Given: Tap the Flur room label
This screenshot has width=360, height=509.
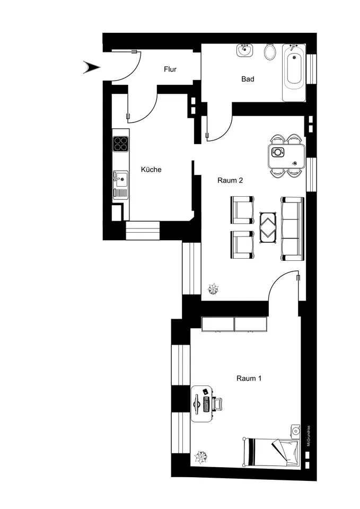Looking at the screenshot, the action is (x=170, y=69).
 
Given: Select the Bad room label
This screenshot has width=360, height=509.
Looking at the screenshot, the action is (x=248, y=79).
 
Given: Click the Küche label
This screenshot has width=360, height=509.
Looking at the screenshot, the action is (x=151, y=170).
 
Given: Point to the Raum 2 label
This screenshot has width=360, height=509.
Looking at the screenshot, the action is (x=230, y=180).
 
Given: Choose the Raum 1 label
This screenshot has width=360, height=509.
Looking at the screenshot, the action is (x=249, y=378).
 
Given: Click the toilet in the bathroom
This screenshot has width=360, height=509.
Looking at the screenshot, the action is (x=270, y=51).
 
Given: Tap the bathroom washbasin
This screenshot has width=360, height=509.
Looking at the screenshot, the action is (x=244, y=51).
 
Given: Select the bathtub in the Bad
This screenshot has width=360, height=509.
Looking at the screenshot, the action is (x=294, y=73).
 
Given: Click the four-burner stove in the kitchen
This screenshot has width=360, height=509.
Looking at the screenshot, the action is (x=121, y=144).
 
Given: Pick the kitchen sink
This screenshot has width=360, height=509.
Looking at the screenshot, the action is (x=120, y=179).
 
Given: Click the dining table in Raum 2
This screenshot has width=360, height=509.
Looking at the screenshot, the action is (x=287, y=156).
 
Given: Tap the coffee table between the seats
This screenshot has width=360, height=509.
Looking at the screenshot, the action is (x=268, y=227).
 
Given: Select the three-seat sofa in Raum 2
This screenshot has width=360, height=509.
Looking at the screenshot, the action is (x=293, y=229).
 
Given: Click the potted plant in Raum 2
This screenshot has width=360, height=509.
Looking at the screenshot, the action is (x=214, y=288).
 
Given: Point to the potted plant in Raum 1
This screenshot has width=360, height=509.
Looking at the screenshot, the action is (x=200, y=457).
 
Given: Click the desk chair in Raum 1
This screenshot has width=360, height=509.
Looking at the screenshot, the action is (x=217, y=404).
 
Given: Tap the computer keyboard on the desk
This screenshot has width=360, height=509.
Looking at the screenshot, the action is (x=206, y=404).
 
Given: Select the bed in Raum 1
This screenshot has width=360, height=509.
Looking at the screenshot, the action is (x=271, y=452).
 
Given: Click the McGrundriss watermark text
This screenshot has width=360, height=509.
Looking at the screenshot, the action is (x=309, y=436).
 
